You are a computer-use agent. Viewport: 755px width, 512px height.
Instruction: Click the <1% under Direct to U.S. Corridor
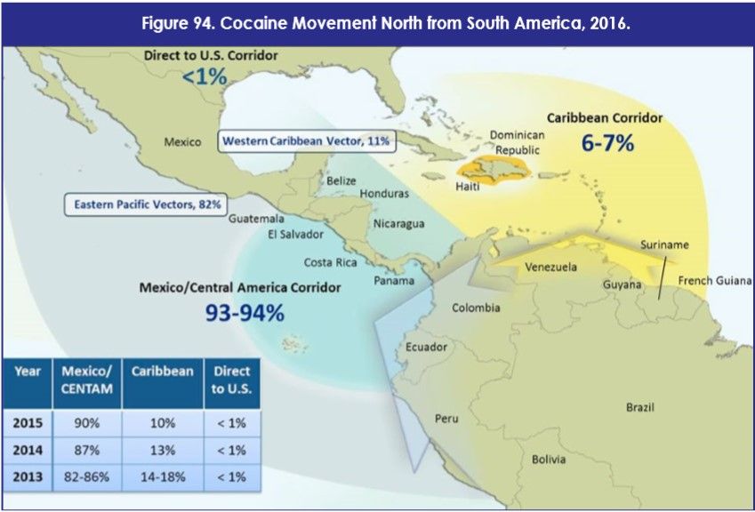(x=205, y=77)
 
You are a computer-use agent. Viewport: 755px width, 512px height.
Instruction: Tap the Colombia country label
(x=476, y=308)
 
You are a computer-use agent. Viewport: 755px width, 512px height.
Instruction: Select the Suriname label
(x=663, y=244)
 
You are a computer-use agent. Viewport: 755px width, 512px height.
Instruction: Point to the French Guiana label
(x=715, y=281)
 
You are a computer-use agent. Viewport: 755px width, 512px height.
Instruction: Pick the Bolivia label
(x=548, y=460)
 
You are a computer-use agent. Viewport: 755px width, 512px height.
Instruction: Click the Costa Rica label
(x=331, y=262)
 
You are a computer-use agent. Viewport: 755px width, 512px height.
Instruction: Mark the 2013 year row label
(x=28, y=477)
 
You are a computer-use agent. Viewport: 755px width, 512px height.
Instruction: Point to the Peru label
(x=446, y=418)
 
